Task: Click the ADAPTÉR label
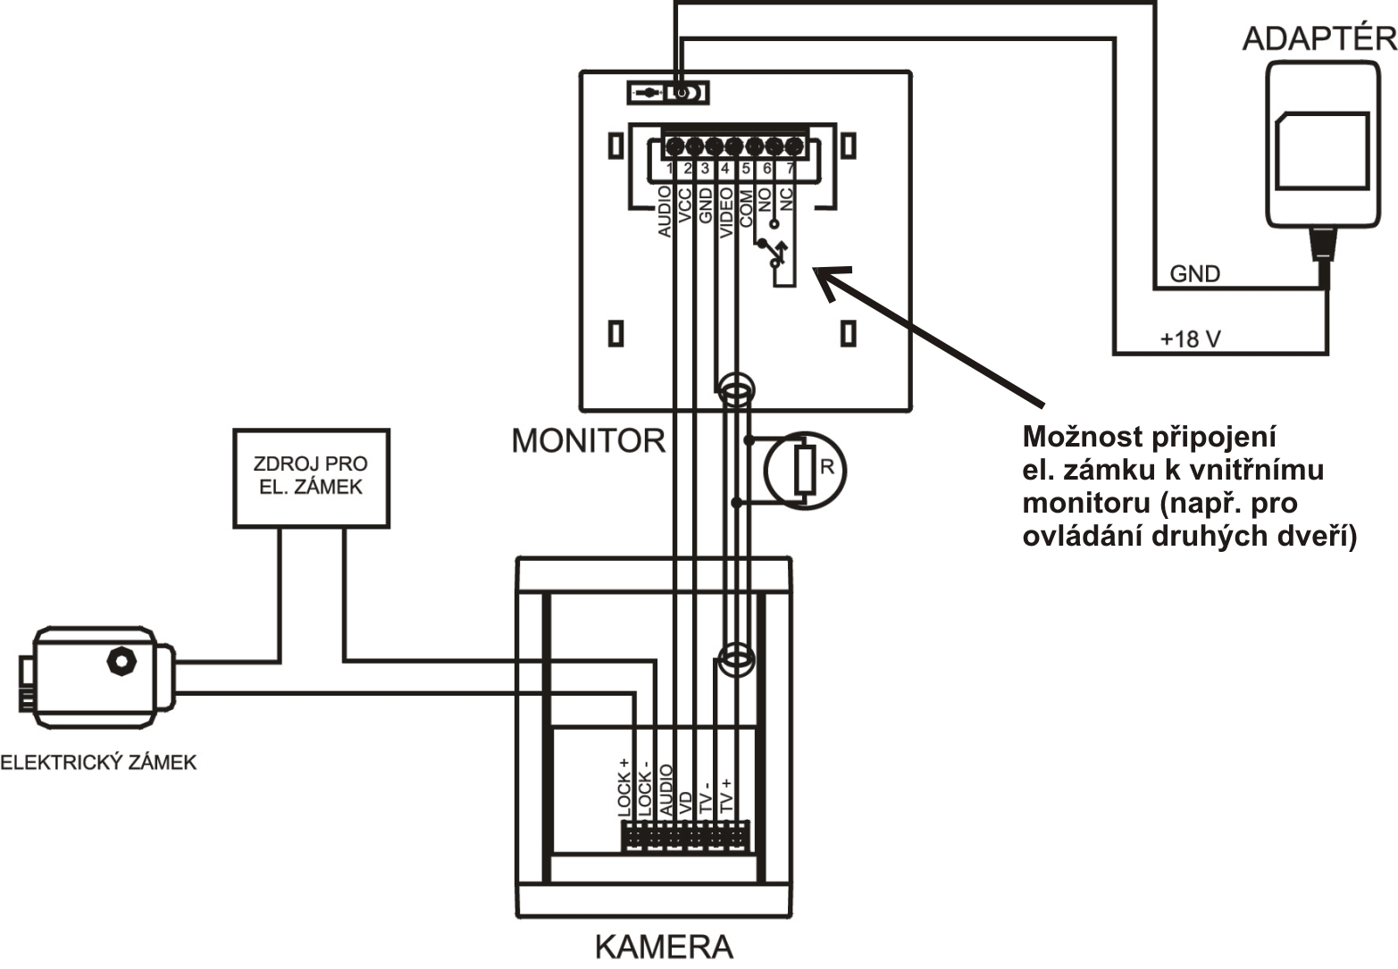pyautogui.click(x=1319, y=38)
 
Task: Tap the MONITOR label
pyautogui.click(x=589, y=440)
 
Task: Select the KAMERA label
pyautogui.click(x=664, y=947)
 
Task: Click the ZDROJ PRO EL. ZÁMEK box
pyautogui.click(x=312, y=478)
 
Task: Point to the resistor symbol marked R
pyautogui.click(x=805, y=470)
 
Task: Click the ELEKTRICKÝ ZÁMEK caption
pyautogui.click(x=98, y=763)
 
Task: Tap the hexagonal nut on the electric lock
pyautogui.click(x=121, y=662)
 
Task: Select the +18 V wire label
pyautogui.click(x=1190, y=338)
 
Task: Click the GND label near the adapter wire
pyautogui.click(x=1194, y=274)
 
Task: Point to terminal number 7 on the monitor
pyautogui.click(x=791, y=169)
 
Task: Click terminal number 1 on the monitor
pyautogui.click(x=670, y=169)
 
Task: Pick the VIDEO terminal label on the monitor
pyautogui.click(x=726, y=213)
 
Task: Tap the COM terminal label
pyautogui.click(x=746, y=208)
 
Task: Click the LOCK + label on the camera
pyautogui.click(x=624, y=788)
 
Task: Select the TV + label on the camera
pyautogui.click(x=725, y=796)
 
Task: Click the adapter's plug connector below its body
pyautogui.click(x=1321, y=245)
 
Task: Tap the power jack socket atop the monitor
pyautogui.click(x=684, y=93)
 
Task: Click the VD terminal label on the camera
pyautogui.click(x=685, y=803)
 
